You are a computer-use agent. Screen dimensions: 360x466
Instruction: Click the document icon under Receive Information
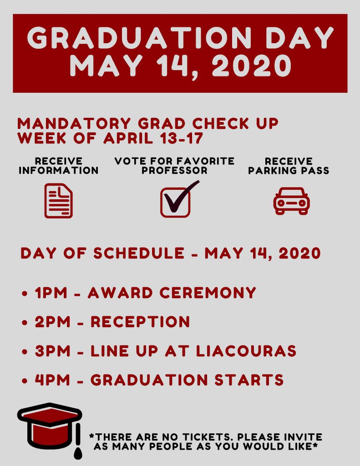click(59, 201)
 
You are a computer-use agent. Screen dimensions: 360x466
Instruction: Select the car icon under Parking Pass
click(291, 201)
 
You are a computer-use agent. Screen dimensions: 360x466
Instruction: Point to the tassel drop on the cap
click(78, 452)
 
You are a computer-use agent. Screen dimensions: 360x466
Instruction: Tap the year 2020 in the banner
click(252, 66)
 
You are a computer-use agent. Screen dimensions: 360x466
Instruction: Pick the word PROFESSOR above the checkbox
click(174, 171)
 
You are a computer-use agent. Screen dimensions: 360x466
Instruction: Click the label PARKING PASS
click(289, 171)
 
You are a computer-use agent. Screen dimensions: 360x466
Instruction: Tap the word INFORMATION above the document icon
click(59, 171)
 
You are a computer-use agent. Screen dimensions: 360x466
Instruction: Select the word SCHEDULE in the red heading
click(139, 253)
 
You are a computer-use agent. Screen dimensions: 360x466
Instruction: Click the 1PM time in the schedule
click(51, 293)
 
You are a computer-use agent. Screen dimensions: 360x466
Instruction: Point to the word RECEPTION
click(140, 322)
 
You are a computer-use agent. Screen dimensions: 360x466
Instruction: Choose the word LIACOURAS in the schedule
click(246, 351)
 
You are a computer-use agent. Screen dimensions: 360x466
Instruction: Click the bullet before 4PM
click(25, 381)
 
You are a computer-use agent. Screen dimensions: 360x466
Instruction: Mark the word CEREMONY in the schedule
click(208, 293)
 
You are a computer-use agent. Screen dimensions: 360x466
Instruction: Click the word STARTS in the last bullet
click(249, 380)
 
